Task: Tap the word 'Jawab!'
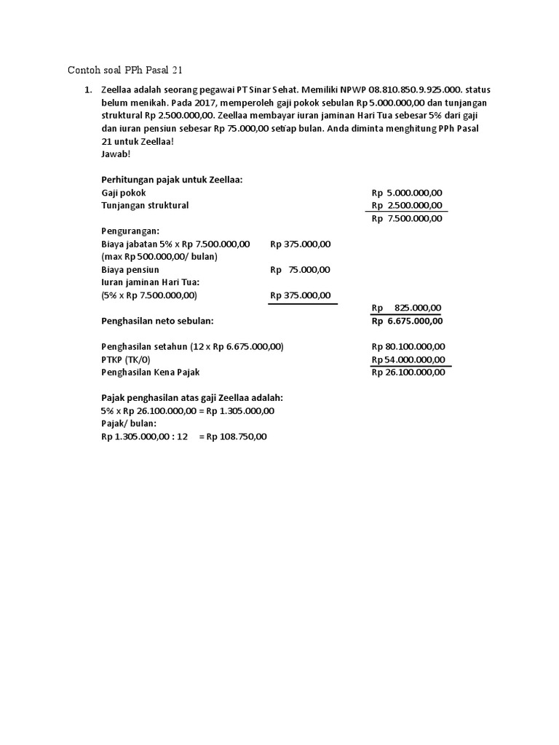116,154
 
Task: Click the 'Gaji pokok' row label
124,193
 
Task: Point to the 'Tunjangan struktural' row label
145,205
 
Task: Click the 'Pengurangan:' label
130,231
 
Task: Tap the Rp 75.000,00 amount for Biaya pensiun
300,269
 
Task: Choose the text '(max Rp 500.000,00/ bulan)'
159,256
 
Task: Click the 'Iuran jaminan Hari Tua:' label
150,282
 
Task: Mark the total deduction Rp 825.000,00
407,308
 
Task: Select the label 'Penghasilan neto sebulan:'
158,321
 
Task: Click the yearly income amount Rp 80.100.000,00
408,346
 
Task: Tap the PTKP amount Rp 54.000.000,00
408,359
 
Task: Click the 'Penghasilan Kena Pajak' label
150,372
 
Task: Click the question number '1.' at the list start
89,90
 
